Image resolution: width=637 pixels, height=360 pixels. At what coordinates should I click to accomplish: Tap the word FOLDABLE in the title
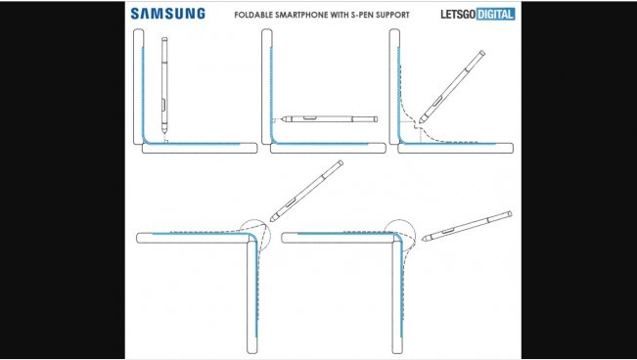[x=255, y=15]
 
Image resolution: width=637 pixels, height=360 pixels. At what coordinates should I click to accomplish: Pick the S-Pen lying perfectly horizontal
[x=319, y=119]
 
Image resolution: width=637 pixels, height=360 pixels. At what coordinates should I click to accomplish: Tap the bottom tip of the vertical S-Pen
[x=163, y=137]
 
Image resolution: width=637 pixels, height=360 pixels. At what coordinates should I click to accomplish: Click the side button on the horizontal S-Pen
[x=310, y=117]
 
